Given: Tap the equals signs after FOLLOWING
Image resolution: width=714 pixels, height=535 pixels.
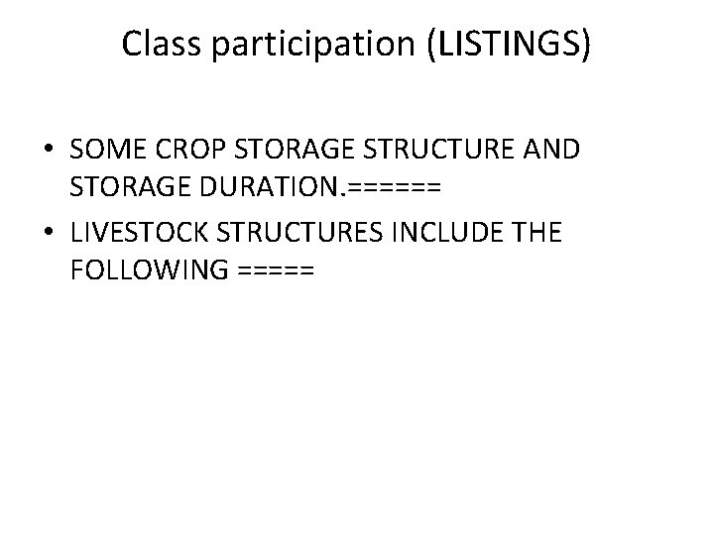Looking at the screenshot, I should (278, 269).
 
